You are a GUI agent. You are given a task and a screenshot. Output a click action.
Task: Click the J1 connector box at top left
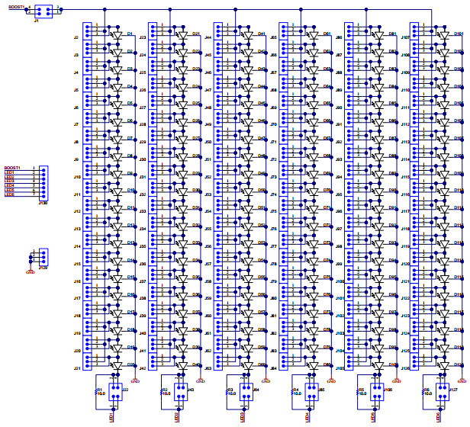pyautogui.click(x=43, y=11)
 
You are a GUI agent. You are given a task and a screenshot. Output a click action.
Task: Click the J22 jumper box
pyautogui.click(x=116, y=390)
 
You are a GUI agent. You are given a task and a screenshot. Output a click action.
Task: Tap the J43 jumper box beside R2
pyautogui.click(x=182, y=390)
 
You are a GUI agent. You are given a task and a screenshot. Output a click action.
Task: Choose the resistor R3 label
pyautogui.click(x=230, y=390)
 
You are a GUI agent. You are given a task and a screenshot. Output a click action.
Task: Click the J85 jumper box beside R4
pyautogui.click(x=312, y=390)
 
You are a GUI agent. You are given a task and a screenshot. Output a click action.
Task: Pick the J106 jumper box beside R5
pyautogui.click(x=378, y=390)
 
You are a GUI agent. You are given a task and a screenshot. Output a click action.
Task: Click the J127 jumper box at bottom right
pyautogui.click(x=443, y=390)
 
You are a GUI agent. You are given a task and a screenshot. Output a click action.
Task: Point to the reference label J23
pyautogui.click(x=142, y=37)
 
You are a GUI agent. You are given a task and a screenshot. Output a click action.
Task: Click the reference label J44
pyautogui.click(x=208, y=37)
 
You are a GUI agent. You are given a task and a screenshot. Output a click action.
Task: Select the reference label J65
pyautogui.click(x=273, y=37)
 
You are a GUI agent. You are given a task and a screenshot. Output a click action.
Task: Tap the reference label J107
pyautogui.click(x=404, y=37)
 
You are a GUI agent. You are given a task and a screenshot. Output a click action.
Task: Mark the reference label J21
pyautogui.click(x=76, y=368)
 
